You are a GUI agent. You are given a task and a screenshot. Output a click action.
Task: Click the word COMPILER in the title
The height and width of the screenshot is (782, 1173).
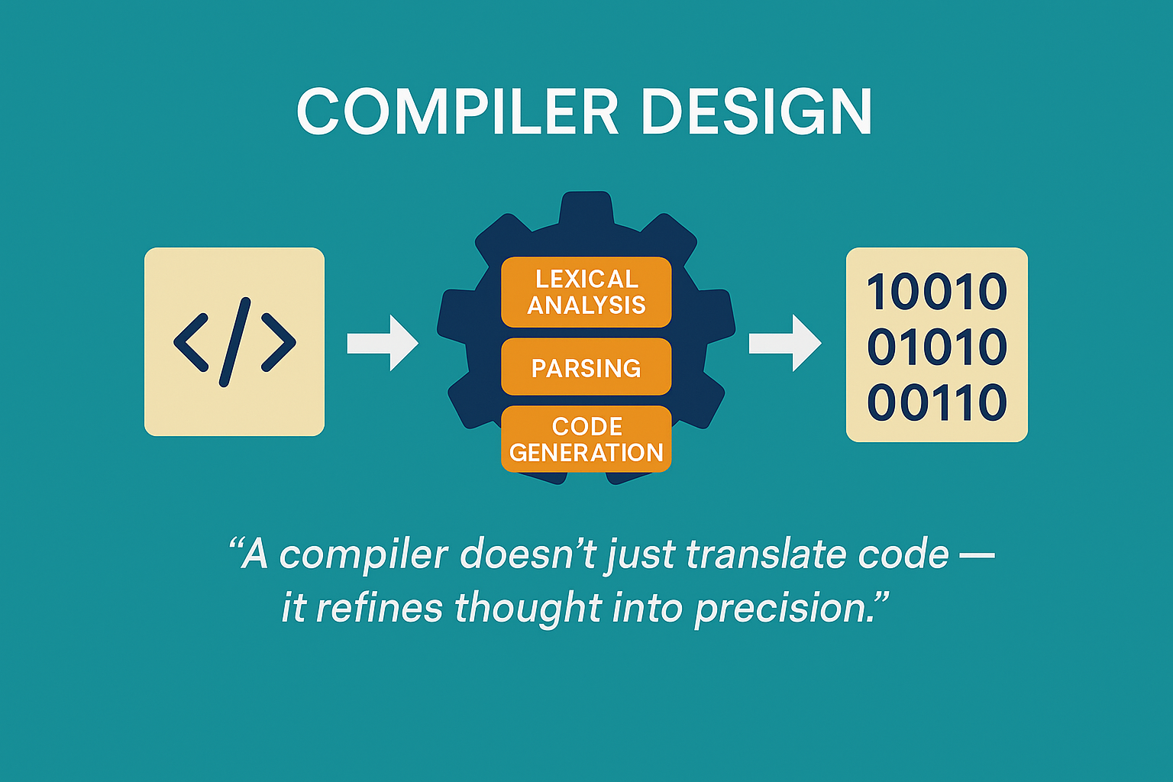[x=457, y=111]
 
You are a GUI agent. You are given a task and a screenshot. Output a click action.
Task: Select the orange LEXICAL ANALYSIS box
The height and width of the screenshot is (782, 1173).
[x=586, y=292]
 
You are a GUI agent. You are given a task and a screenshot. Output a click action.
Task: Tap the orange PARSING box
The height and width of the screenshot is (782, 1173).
[x=586, y=367]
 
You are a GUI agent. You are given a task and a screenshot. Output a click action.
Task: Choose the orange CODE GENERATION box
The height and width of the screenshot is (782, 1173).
[x=586, y=439]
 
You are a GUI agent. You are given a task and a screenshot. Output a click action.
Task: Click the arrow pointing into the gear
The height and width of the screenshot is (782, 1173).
[x=383, y=343]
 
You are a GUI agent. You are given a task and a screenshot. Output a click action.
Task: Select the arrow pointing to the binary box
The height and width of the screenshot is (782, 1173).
[x=785, y=343]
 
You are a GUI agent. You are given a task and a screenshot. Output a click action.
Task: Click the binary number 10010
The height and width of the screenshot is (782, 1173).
[x=937, y=291]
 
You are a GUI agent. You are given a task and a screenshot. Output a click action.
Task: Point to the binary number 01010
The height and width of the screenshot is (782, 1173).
[x=937, y=346]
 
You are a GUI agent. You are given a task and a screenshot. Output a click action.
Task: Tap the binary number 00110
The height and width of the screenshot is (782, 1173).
[x=937, y=402]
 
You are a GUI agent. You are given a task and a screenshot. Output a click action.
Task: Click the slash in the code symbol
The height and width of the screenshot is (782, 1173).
[x=234, y=342]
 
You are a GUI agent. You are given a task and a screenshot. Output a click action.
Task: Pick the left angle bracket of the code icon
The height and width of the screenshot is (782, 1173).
[x=191, y=343]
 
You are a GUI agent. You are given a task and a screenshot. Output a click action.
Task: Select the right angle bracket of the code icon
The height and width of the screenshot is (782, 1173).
[x=279, y=343]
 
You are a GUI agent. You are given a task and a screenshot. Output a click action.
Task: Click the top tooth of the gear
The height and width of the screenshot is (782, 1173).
[x=586, y=209]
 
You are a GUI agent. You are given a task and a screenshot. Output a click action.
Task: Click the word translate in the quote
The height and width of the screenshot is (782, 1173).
[x=765, y=554]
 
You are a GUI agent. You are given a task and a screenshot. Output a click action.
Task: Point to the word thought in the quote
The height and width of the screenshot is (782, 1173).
[x=528, y=608]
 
